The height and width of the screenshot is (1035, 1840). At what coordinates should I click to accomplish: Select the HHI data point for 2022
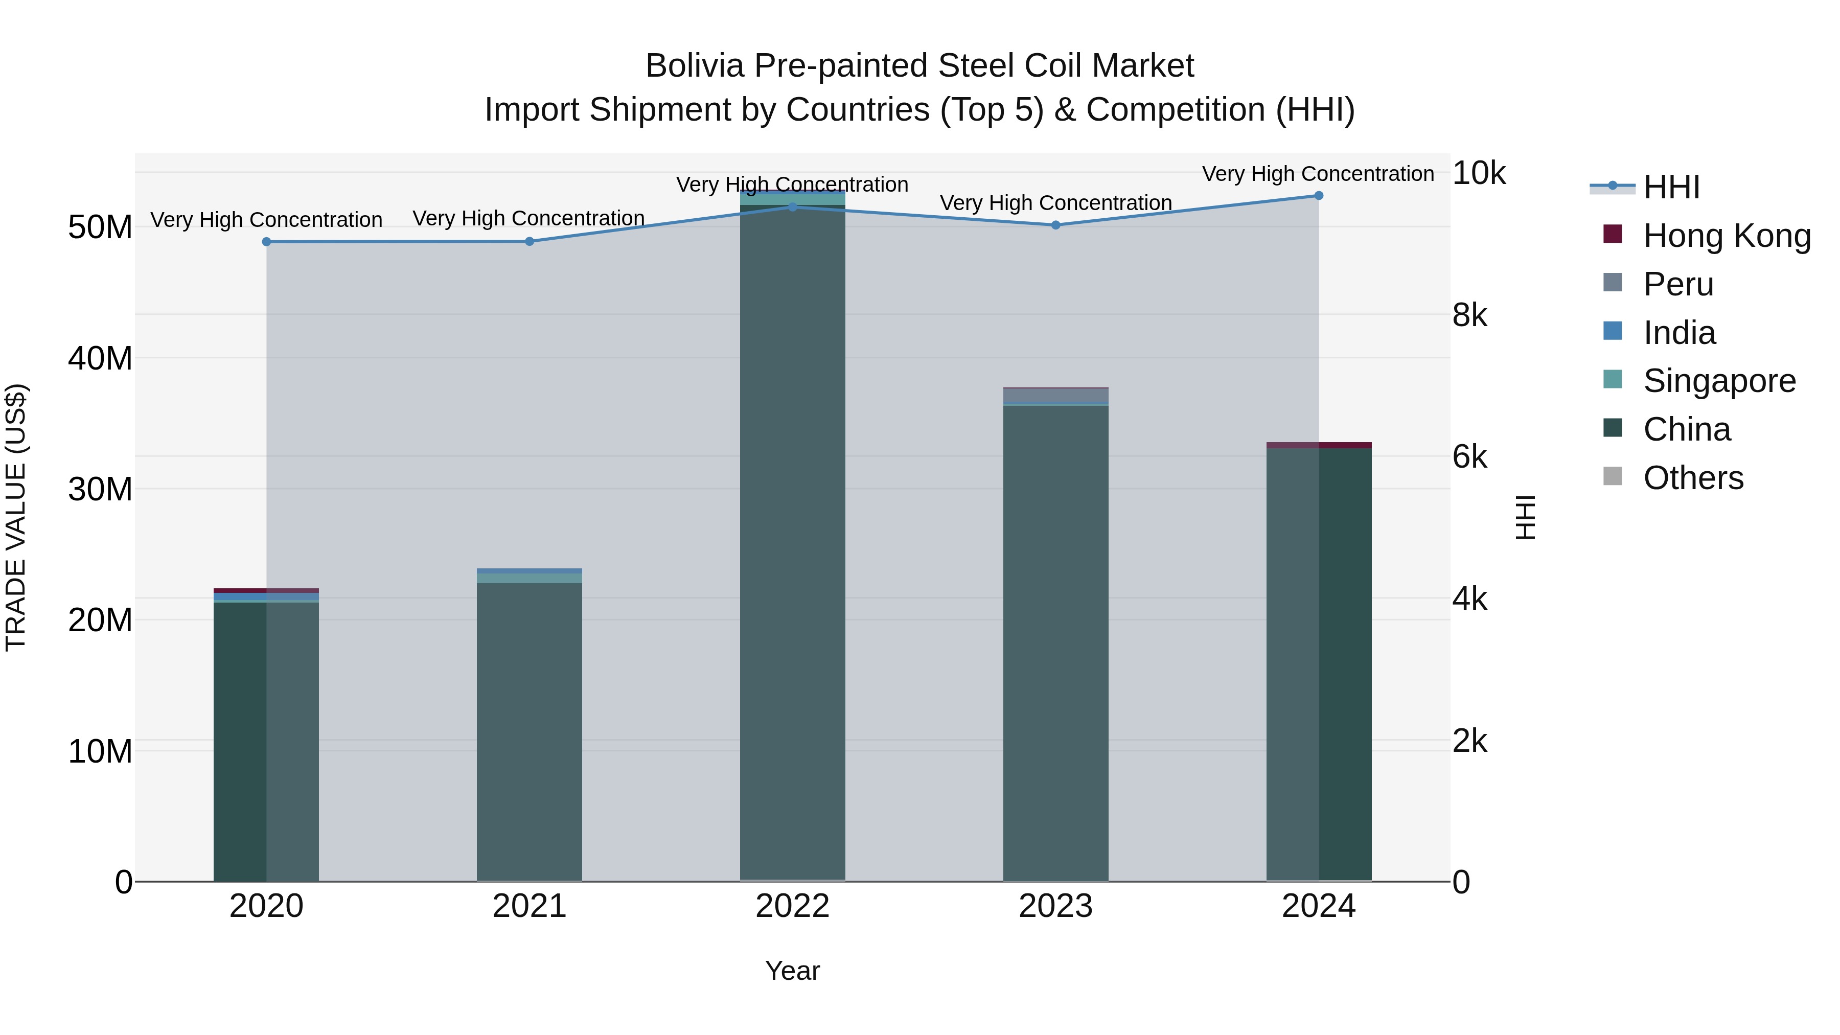pyautogui.click(x=792, y=207)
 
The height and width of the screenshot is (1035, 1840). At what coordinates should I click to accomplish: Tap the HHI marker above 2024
pyautogui.click(x=1319, y=196)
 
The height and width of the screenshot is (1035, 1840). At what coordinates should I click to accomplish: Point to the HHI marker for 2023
pyautogui.click(x=1056, y=225)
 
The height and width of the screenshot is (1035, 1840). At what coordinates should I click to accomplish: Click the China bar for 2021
pyautogui.click(x=530, y=728)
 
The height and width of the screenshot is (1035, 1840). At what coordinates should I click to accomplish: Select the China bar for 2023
pyautogui.click(x=1056, y=643)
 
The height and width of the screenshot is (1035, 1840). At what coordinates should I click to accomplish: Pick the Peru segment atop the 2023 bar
pyautogui.click(x=1056, y=396)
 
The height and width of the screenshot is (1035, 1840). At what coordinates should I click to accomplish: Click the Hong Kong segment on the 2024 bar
pyautogui.click(x=1319, y=445)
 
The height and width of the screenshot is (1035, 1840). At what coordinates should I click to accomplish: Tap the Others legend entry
pyautogui.click(x=1692, y=478)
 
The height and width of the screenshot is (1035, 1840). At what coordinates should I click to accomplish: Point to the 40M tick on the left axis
pyautogui.click(x=100, y=359)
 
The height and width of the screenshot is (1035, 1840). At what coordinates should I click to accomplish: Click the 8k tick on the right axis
pyautogui.click(x=1470, y=315)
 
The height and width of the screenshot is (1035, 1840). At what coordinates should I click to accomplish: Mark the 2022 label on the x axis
pyautogui.click(x=792, y=906)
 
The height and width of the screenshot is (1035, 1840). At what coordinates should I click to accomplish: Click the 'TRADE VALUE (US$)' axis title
pyautogui.click(x=16, y=517)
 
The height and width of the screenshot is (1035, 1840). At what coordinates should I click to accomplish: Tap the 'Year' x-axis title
pyautogui.click(x=792, y=971)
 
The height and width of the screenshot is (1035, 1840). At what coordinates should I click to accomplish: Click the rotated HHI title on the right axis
pyautogui.click(x=1525, y=517)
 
